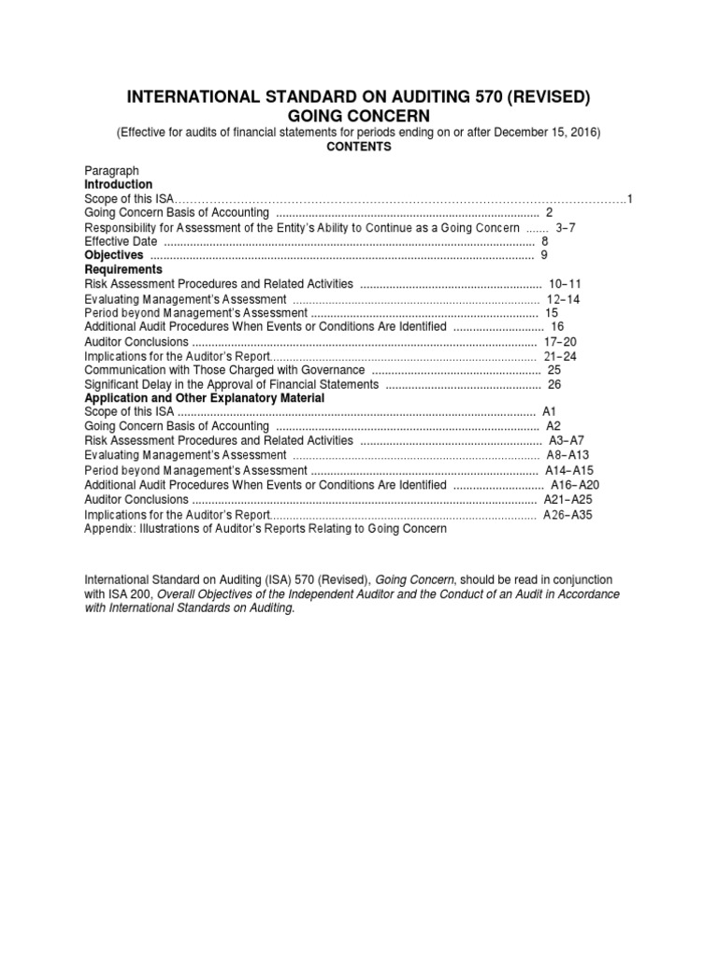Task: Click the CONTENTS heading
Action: pyautogui.click(x=359, y=147)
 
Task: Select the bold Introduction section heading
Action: pyautogui.click(x=118, y=185)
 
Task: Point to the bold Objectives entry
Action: pyautogui.click(x=114, y=255)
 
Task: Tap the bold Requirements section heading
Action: pyautogui.click(x=123, y=269)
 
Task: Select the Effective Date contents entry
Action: pyautogui.click(x=122, y=241)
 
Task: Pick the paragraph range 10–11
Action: pyautogui.click(x=566, y=283)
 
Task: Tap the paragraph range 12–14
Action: pyautogui.click(x=564, y=298)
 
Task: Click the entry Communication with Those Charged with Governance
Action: pyautogui.click(x=224, y=370)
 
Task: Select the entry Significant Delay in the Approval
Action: pyautogui.click(x=231, y=384)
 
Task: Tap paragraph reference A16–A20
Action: pyautogui.click(x=575, y=485)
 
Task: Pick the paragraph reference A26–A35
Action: pyautogui.click(x=567, y=514)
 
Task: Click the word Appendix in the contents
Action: pyautogui.click(x=109, y=528)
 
